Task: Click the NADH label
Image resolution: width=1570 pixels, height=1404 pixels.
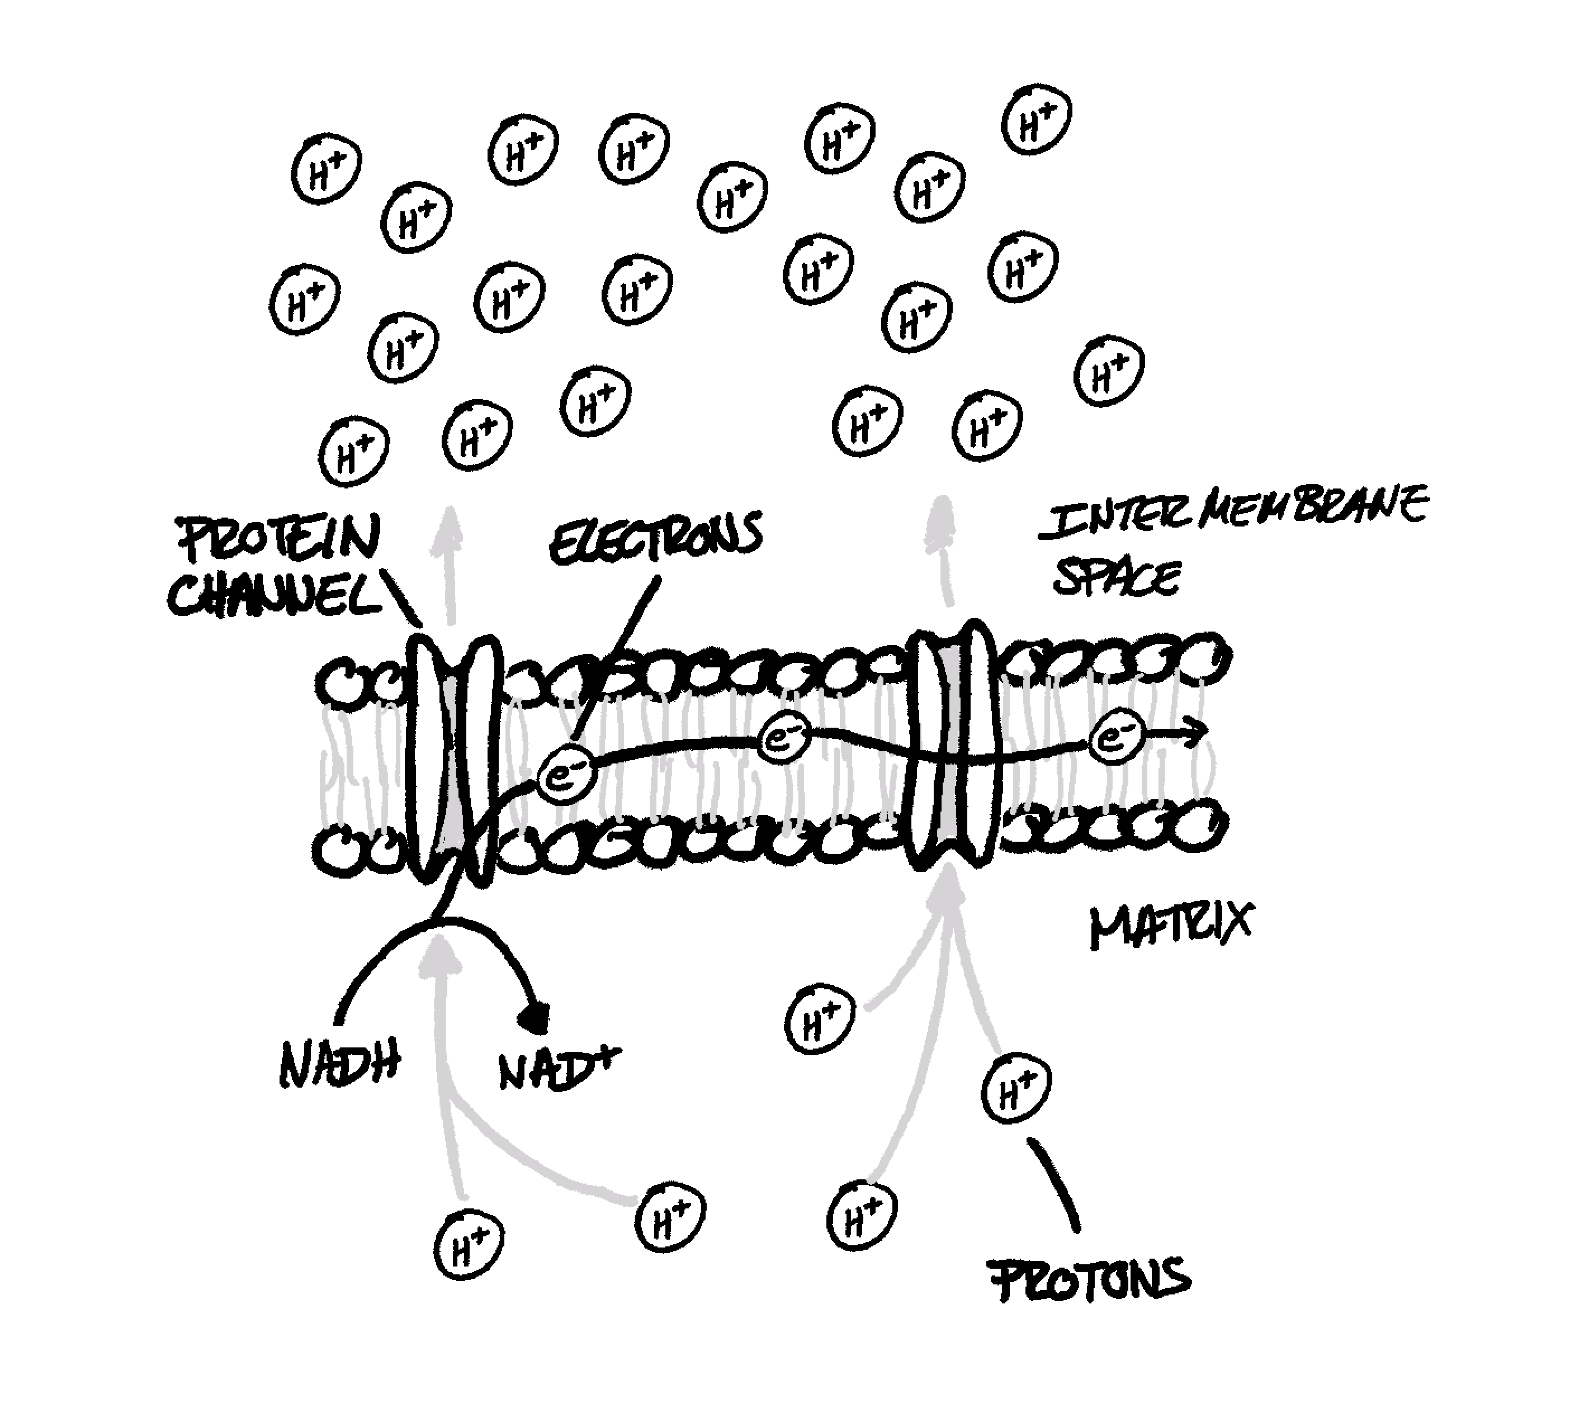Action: [339, 1065]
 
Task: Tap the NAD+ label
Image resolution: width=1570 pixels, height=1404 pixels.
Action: [558, 1069]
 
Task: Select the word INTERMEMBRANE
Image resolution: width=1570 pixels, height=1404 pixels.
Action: [1232, 511]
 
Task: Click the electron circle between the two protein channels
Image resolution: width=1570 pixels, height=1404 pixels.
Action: [784, 739]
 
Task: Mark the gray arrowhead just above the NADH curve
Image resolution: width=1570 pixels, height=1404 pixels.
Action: [438, 953]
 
